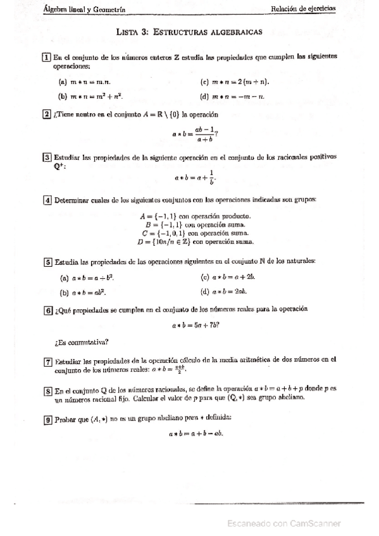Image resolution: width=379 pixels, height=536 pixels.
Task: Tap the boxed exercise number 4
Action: click(x=47, y=200)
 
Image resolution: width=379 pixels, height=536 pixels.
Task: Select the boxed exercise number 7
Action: click(x=47, y=362)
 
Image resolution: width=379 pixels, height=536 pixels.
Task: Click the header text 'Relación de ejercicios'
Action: click(x=303, y=9)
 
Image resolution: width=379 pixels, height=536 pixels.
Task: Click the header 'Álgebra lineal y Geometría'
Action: click(x=84, y=9)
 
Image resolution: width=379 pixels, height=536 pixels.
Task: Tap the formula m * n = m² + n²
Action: click(x=96, y=96)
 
